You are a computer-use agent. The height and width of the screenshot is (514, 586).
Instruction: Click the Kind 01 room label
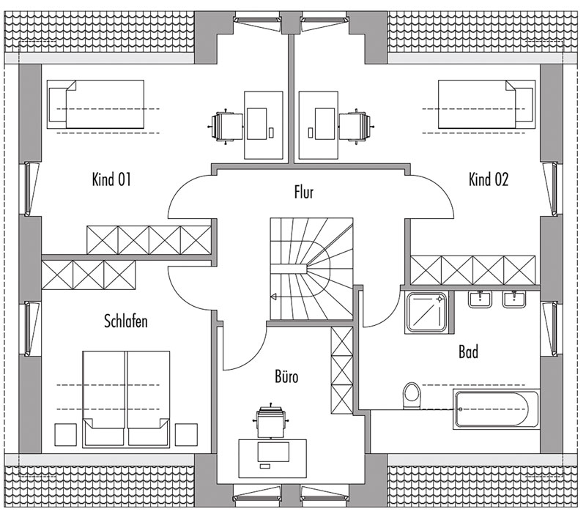111,179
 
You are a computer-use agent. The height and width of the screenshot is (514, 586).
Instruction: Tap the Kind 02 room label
489,179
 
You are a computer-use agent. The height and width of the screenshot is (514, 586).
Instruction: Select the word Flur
303,192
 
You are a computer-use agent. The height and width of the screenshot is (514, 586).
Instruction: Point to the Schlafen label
126,321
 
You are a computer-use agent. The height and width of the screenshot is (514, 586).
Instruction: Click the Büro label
286,376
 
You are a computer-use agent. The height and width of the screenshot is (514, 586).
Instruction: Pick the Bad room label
468,351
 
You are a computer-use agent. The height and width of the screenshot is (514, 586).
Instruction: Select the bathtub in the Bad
497,409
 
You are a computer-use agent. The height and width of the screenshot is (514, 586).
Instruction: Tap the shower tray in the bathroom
426,313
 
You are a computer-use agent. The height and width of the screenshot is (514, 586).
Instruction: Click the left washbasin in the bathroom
480,299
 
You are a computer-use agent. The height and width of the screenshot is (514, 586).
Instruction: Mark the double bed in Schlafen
126,398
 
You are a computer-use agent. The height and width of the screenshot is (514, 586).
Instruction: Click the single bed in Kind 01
95,104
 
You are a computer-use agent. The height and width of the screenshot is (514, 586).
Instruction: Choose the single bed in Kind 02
486,104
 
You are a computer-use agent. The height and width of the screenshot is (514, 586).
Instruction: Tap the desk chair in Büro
270,421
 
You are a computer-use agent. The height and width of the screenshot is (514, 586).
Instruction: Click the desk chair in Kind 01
226,127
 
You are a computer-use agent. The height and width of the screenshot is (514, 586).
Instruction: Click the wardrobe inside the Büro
342,370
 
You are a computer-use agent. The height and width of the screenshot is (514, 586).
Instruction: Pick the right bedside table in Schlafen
186,434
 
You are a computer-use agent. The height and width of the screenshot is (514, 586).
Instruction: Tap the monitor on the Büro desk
273,452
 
